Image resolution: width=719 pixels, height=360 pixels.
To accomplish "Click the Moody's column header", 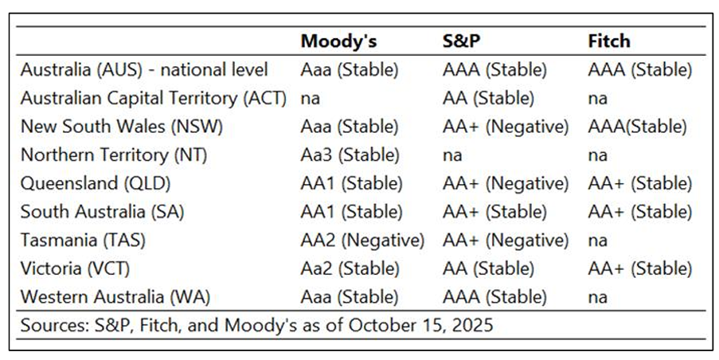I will (338, 41).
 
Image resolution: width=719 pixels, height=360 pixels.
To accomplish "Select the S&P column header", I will (461, 41).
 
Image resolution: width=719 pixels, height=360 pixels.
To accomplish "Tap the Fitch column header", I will (610, 41).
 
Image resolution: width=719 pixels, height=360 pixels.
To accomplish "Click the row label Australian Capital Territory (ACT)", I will (153, 98).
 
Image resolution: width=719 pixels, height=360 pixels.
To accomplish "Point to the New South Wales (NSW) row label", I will (121, 127).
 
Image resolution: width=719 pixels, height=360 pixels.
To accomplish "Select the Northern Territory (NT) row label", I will (113, 155).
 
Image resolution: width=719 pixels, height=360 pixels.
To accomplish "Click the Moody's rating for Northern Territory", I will (350, 155).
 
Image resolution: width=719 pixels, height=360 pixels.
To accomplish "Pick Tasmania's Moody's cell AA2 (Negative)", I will (362, 240).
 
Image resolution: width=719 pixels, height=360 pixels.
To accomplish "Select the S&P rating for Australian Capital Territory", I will (488, 98).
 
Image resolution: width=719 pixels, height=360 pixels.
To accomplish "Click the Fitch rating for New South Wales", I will (637, 127).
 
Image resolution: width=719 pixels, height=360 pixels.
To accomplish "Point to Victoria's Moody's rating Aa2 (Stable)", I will (350, 268).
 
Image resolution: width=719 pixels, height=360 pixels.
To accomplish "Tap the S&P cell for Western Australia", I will (494, 297).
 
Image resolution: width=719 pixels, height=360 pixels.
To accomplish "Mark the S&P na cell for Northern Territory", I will (451, 155).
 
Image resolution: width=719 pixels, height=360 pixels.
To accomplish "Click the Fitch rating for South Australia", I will (640, 212).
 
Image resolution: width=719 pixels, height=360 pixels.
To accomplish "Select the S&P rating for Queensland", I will (506, 183).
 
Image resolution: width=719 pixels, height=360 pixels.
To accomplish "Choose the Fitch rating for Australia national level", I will (640, 70).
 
